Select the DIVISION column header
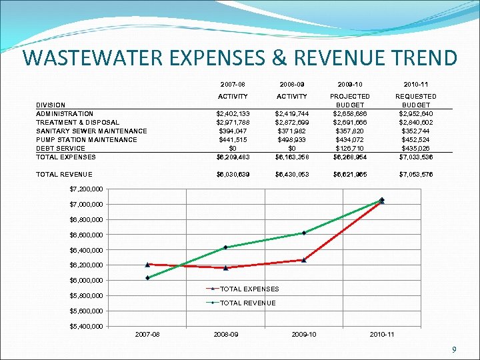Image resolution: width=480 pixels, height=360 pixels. (x=51, y=105)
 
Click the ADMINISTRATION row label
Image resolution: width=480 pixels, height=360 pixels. (x=65, y=113)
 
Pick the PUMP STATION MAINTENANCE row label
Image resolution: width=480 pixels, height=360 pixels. (x=87, y=139)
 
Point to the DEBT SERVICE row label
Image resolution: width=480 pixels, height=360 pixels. (x=61, y=148)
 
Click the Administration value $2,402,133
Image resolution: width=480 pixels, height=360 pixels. (x=233, y=113)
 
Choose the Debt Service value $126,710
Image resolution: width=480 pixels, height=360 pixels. (x=351, y=148)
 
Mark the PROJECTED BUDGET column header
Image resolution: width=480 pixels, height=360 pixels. (x=351, y=101)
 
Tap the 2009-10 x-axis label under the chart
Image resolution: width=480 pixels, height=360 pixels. (x=304, y=334)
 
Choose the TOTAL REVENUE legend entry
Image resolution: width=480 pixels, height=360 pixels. (x=247, y=303)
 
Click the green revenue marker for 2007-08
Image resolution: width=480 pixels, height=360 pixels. (x=147, y=278)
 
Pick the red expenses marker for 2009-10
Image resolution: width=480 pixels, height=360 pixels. (x=304, y=260)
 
